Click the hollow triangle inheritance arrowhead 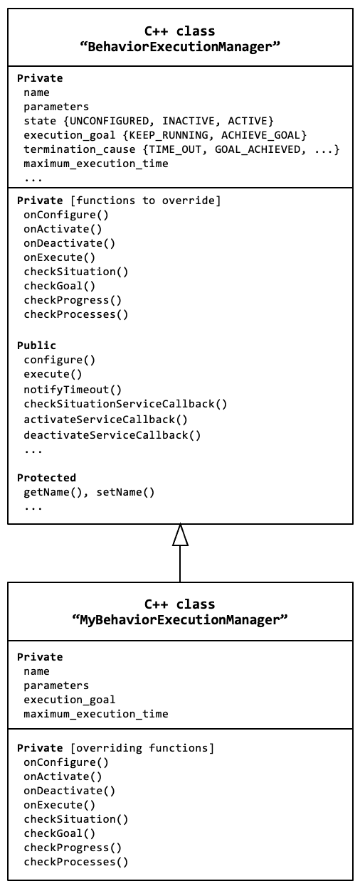(180, 535)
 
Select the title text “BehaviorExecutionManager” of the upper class (180, 47)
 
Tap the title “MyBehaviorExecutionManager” (180, 619)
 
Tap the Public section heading (36, 346)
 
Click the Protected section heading (46, 477)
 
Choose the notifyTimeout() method (73, 390)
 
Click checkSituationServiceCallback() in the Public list (125, 404)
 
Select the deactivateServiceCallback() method (112, 435)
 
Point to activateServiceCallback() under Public (105, 420)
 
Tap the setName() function (125, 492)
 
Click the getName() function (53, 492)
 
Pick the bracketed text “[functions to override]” (146, 201)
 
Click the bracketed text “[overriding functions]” (142, 748)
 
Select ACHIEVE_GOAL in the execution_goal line (260, 135)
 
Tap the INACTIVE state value (189, 121)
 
